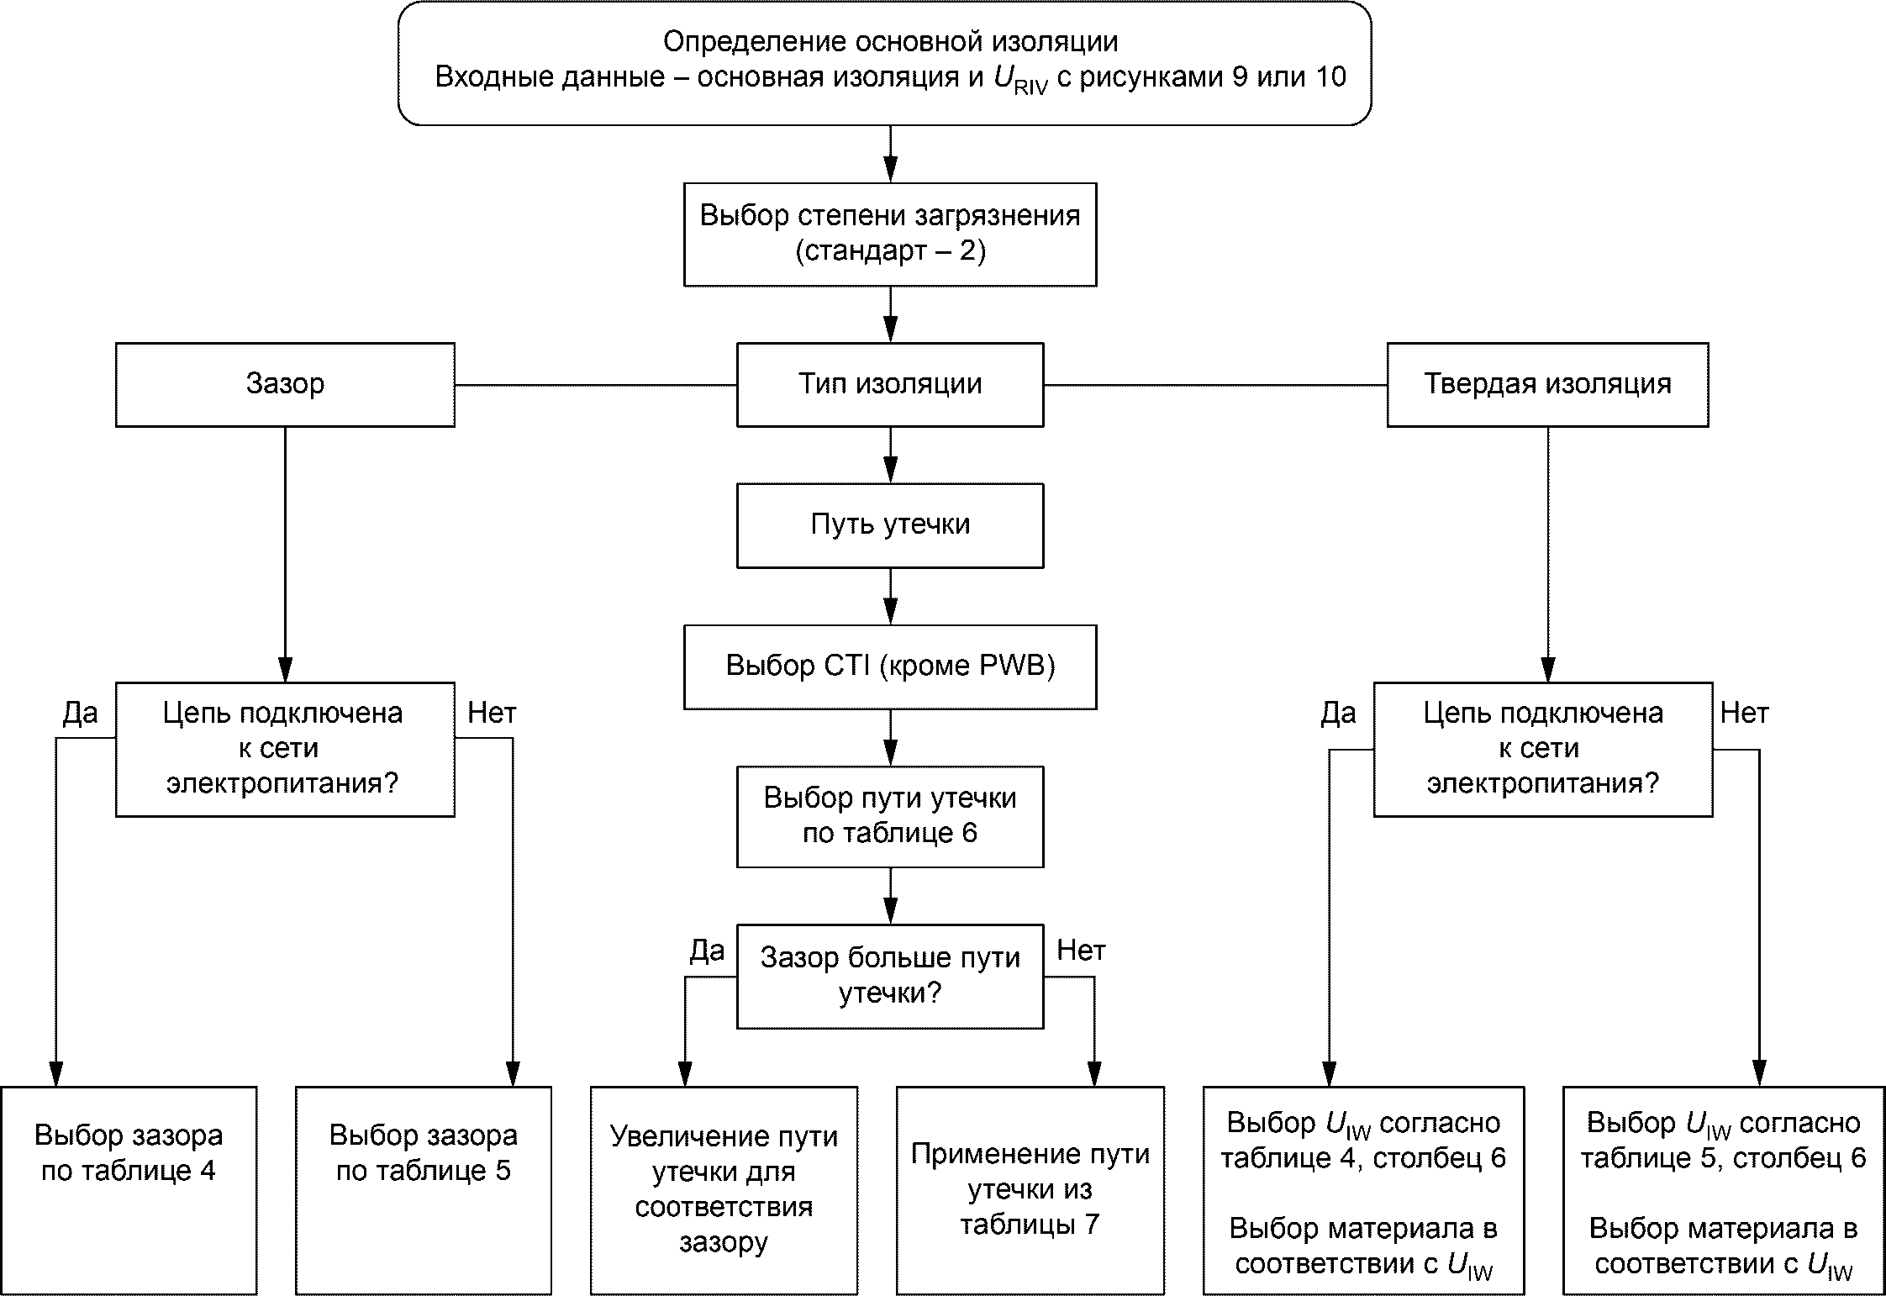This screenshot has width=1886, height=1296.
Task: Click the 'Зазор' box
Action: click(x=285, y=384)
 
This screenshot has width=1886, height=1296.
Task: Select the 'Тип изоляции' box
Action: click(x=890, y=384)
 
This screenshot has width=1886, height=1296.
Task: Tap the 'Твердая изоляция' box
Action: click(x=1547, y=384)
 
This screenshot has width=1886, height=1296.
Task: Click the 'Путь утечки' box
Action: click(x=890, y=525)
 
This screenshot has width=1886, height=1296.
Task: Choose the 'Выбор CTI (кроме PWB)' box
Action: click(x=890, y=666)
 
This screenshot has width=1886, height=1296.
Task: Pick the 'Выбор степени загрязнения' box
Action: click(x=890, y=234)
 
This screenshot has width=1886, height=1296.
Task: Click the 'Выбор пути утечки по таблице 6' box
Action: click(x=890, y=816)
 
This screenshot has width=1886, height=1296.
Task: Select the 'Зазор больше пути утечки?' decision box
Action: click(x=890, y=977)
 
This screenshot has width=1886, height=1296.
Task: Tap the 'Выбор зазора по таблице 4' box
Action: click(x=129, y=1190)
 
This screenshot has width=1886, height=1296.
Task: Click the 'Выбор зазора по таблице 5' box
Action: click(x=424, y=1190)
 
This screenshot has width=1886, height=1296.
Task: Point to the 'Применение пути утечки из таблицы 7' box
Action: click(x=1030, y=1190)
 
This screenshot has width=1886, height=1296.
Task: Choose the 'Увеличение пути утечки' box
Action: click(x=724, y=1190)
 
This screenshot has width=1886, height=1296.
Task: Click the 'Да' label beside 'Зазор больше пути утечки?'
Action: click(x=707, y=951)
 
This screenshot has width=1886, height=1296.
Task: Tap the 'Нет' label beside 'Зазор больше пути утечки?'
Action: click(x=1081, y=951)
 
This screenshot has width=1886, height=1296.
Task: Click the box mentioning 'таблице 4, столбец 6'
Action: click(x=1363, y=1190)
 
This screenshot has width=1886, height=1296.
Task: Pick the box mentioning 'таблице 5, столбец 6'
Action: click(x=1724, y=1190)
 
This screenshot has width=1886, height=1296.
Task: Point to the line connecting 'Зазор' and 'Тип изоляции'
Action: click(x=596, y=385)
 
